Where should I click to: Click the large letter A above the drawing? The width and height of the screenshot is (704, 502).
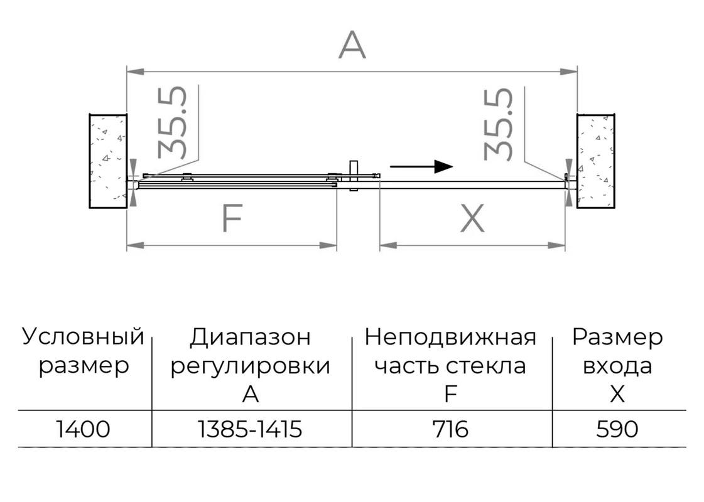pos(352,45)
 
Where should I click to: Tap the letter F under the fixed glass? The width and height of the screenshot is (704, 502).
pos(232,218)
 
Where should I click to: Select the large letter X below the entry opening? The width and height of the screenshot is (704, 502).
pos(472,218)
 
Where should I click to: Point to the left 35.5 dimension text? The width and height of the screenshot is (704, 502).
pos(172,122)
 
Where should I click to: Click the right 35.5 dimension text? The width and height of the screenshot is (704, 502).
pos(498,124)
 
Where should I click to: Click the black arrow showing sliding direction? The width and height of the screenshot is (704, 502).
pos(421,166)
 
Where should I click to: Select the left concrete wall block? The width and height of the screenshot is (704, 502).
pos(108,161)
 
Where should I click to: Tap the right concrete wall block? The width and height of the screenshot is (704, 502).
pos(596,161)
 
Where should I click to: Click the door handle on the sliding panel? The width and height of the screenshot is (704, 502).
pos(354,176)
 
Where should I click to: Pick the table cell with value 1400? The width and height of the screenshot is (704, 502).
pos(84,429)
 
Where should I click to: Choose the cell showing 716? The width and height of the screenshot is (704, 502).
pos(450,429)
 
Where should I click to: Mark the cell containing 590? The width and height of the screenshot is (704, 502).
pos(617,429)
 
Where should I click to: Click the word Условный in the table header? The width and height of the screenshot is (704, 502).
pos(83,336)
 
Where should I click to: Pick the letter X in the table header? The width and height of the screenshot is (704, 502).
pos(617,394)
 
